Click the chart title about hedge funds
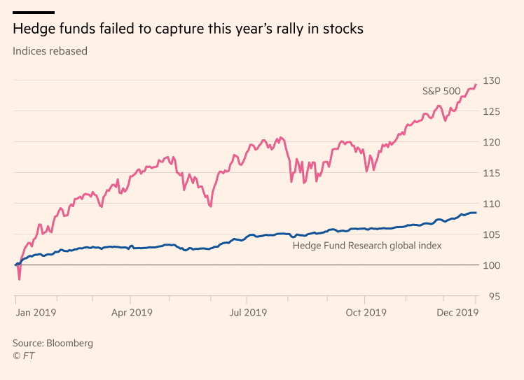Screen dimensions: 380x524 tap(188, 29)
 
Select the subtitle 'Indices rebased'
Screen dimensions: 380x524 tap(50, 51)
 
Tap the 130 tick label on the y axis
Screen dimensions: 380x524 tap(495, 80)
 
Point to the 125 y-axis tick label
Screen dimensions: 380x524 tap(495, 111)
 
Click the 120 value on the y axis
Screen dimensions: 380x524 tap(495, 142)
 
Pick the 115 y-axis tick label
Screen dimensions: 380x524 tap(495, 173)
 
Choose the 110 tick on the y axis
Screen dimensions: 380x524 tap(495, 204)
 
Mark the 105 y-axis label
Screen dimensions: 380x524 tap(495, 234)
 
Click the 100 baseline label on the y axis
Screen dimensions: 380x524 tap(495, 265)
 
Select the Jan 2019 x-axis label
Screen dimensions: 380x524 tap(36, 312)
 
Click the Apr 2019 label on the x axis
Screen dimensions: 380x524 tap(131, 312)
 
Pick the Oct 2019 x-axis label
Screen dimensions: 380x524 tap(366, 312)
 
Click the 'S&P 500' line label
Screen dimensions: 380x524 tap(441, 91)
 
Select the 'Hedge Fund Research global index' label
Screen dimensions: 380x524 tap(366, 246)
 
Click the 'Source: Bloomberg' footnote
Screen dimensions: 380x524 tap(53, 344)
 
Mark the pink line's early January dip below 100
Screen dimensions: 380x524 tap(20, 279)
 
